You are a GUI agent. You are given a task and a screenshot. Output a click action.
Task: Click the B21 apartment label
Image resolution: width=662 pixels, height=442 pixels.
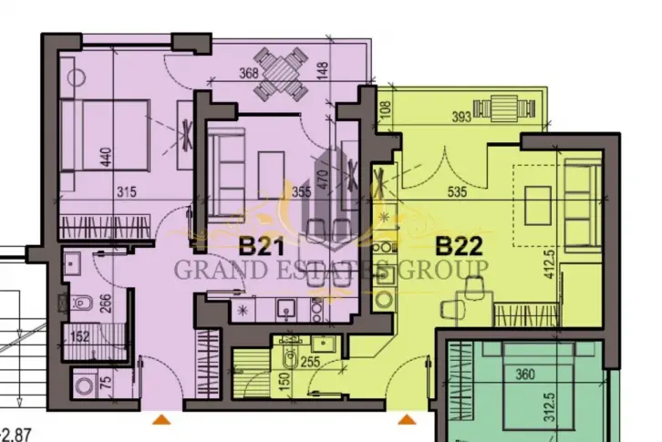click(262, 246)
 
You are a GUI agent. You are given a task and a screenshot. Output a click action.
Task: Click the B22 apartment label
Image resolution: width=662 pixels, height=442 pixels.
click(459, 246)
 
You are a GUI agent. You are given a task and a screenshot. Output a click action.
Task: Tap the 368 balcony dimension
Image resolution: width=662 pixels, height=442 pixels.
click(249, 73)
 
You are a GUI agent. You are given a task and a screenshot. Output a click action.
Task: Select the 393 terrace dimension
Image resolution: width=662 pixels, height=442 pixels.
click(461, 117)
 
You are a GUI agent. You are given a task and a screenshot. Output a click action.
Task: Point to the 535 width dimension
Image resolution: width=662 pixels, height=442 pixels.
click(457, 192)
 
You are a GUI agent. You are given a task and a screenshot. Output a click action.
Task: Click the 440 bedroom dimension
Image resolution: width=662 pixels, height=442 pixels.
click(106, 157)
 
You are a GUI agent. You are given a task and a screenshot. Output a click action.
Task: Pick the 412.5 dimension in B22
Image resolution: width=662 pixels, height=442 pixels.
click(549, 264)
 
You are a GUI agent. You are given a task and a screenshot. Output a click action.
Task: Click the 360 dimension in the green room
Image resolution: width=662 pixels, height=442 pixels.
click(525, 374)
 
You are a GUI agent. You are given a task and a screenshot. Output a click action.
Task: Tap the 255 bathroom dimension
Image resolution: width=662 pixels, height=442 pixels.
click(310, 362)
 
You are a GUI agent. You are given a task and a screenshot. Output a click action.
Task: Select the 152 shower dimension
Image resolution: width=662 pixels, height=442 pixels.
click(80, 336)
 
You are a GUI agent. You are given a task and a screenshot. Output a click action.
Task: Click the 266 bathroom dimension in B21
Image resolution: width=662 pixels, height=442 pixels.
click(106, 303)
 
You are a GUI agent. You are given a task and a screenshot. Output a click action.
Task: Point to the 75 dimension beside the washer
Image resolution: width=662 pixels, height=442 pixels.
click(107, 382)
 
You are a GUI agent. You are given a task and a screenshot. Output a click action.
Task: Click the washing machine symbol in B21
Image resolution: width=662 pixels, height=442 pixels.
click(85, 385)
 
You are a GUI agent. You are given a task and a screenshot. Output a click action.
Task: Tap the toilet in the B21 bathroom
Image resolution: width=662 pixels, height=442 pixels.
click(80, 303)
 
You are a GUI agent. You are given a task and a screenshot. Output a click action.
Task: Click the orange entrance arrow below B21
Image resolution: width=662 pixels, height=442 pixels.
click(161, 419)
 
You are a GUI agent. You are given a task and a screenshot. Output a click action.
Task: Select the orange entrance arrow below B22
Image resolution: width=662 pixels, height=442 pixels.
click(407, 419)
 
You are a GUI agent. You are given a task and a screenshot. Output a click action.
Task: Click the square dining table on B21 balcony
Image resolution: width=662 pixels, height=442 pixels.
click(281, 75)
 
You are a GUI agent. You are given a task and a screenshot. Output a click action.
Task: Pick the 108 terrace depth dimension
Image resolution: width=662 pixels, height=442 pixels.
click(387, 109)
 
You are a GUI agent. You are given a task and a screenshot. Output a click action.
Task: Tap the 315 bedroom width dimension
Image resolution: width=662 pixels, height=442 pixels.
click(127, 192)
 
